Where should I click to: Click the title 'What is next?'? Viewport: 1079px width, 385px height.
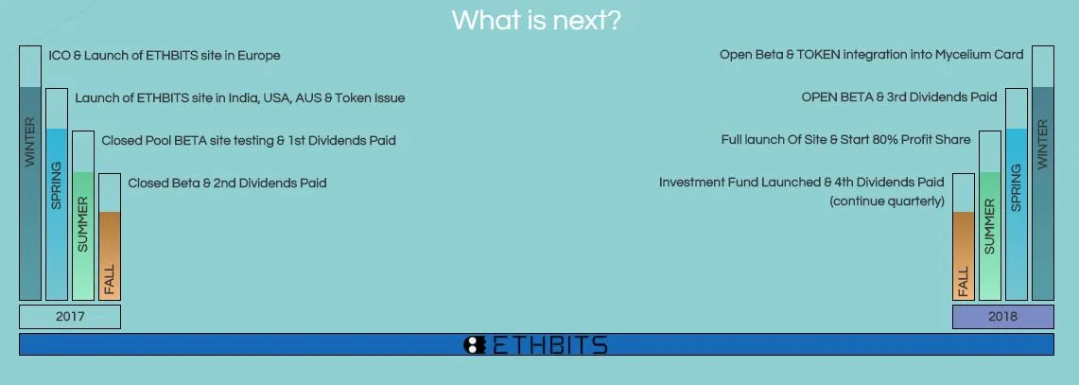(x=536, y=20)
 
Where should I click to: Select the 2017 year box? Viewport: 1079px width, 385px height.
(x=69, y=317)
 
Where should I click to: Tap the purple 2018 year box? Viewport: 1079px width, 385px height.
(x=1002, y=317)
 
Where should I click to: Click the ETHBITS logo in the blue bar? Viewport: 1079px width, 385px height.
(x=536, y=344)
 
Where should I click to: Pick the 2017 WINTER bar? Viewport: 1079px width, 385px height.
(x=30, y=173)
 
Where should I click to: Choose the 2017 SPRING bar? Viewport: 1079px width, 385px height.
(x=57, y=194)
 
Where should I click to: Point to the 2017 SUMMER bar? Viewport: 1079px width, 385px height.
(x=82, y=216)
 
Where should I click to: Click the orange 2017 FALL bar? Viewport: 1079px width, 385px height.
(x=110, y=236)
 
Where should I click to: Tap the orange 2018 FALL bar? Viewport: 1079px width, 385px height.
(x=964, y=236)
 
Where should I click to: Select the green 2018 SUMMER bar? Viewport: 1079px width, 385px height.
(x=989, y=216)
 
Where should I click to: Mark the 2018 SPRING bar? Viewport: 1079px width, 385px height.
(x=1017, y=194)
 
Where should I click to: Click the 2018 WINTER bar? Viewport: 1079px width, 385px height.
(x=1042, y=173)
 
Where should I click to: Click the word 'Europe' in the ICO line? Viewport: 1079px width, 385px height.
(x=259, y=56)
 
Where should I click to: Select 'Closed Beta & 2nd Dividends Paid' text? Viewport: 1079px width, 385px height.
(x=227, y=184)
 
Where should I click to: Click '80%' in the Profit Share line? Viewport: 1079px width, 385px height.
(x=877, y=140)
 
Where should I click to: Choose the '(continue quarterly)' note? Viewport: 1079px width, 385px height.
(x=887, y=201)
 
